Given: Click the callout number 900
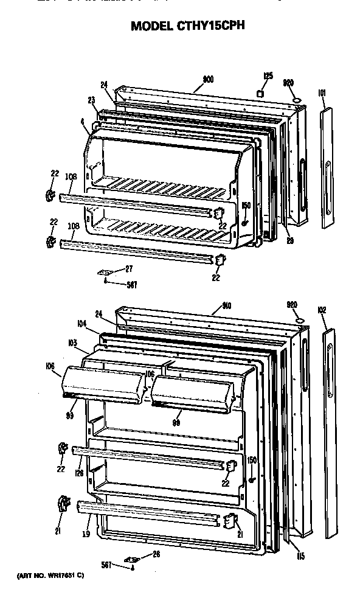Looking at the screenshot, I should click(x=207, y=79).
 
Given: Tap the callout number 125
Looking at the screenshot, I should click(x=268, y=76).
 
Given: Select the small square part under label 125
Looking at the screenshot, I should click(x=260, y=94).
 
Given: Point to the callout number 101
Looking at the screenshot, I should click(x=322, y=93).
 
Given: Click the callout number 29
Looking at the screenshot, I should click(x=290, y=240).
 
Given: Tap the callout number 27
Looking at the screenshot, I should click(x=129, y=268).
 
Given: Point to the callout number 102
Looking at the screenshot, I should click(x=322, y=311).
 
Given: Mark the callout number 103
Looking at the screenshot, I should click(x=72, y=344).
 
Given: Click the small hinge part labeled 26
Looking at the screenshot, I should click(x=130, y=559).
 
